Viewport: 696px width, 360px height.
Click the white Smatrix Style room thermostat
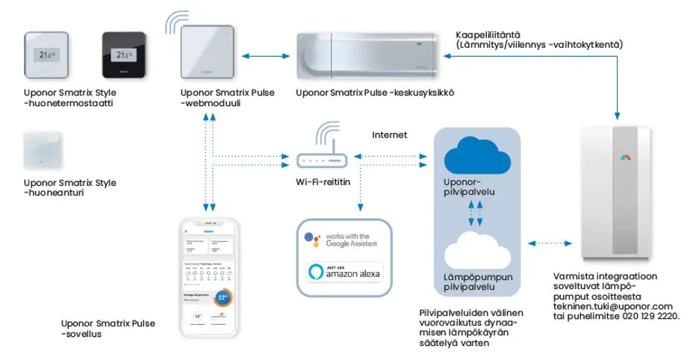click(50, 56)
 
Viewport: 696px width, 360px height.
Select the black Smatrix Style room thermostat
click(125, 56)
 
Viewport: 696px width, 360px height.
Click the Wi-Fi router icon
click(322, 159)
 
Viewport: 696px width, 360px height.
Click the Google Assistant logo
click(312, 239)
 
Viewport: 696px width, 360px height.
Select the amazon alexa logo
click(344, 273)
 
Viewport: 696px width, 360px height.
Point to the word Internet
click(389, 136)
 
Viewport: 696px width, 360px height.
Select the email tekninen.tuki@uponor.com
click(613, 307)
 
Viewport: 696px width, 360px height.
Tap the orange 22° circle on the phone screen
click(222, 297)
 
